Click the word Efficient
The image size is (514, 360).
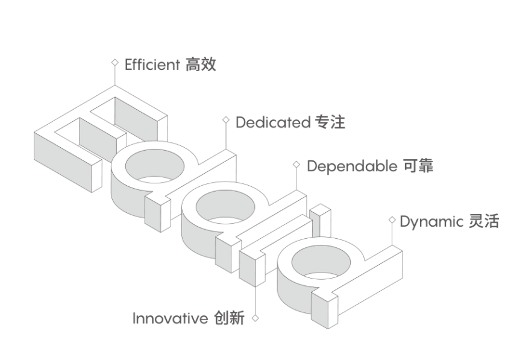point(152,65)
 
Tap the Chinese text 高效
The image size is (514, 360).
point(201,65)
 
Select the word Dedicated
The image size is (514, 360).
point(272,122)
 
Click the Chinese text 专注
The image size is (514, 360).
point(330,122)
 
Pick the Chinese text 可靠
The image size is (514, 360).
point(418,166)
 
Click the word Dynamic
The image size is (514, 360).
point(431,221)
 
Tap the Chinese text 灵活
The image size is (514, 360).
point(484,221)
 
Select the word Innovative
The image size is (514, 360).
point(171,318)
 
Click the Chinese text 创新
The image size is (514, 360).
point(229,318)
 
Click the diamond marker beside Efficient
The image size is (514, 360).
point(114,62)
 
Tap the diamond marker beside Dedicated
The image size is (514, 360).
point(226,120)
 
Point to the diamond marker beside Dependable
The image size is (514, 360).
point(296,163)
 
